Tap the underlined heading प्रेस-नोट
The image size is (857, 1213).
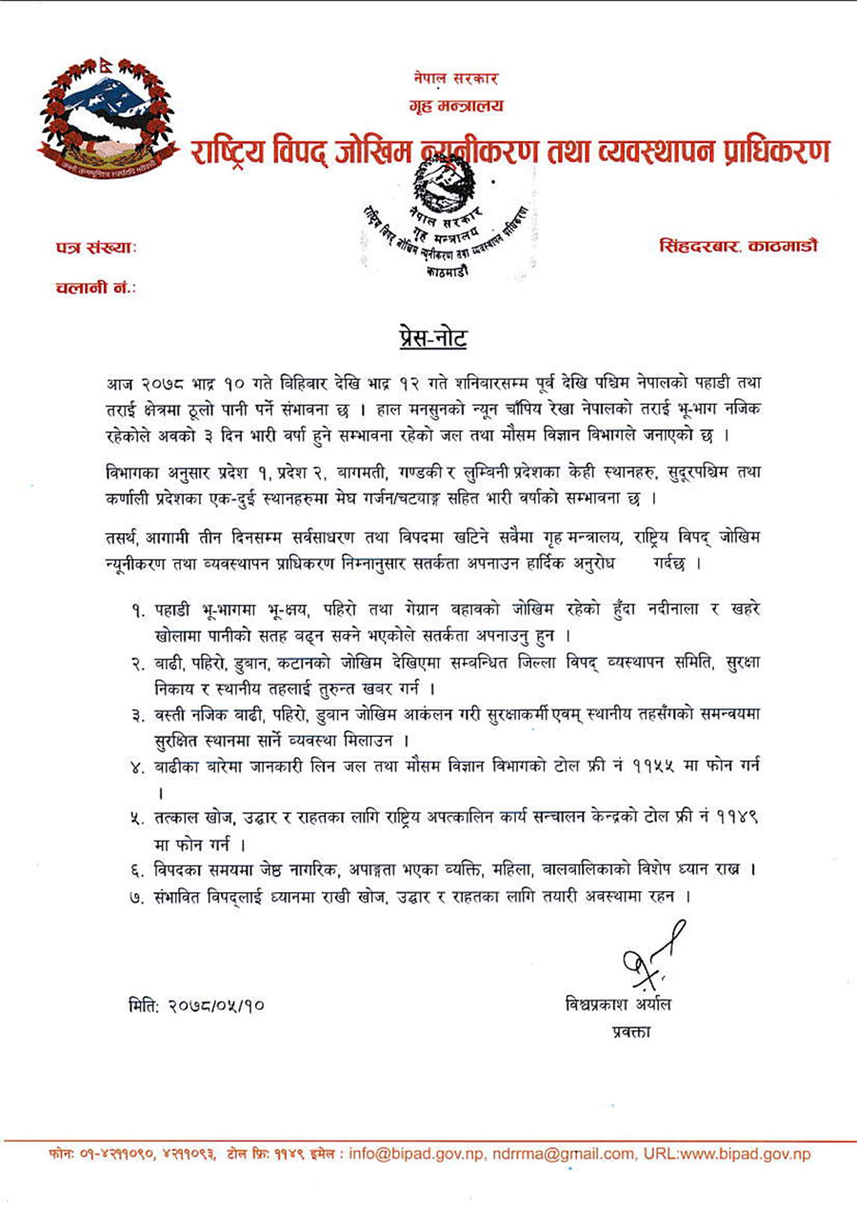click(x=428, y=338)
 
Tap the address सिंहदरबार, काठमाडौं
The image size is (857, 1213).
click(x=737, y=246)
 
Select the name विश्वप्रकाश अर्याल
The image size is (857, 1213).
click(x=623, y=1005)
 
